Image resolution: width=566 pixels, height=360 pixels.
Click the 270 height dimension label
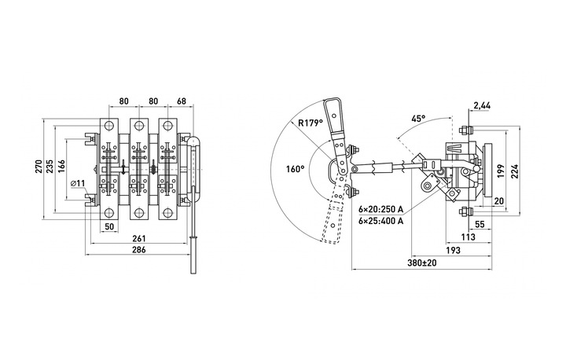click(x=39, y=166)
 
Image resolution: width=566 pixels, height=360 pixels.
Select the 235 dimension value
click(x=50, y=166)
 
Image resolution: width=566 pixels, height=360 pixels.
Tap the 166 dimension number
click(x=61, y=166)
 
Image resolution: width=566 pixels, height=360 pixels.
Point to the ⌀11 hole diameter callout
click(x=78, y=183)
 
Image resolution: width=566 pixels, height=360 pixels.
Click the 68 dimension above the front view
click(x=182, y=101)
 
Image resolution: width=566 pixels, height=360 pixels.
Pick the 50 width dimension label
click(x=109, y=226)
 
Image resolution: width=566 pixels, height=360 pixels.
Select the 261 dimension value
click(x=139, y=238)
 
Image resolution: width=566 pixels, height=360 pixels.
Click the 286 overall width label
click(x=139, y=250)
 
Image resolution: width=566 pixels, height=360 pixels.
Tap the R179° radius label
click(x=310, y=123)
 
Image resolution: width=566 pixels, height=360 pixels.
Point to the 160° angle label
click(x=296, y=169)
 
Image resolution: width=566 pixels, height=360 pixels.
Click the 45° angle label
click(x=418, y=119)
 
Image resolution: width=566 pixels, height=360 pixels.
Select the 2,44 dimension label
click(x=482, y=105)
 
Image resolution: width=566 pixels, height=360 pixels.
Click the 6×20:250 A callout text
click(x=380, y=209)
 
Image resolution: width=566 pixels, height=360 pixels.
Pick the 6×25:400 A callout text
click(x=380, y=221)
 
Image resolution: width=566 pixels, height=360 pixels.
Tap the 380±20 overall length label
click(x=422, y=263)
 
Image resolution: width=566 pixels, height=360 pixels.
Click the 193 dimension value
click(x=453, y=250)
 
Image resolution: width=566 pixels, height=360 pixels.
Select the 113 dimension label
click(x=469, y=237)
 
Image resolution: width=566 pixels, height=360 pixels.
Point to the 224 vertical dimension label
click(x=514, y=171)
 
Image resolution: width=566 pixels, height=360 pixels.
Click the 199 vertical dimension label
click(x=500, y=171)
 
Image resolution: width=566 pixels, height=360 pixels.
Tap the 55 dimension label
click(x=480, y=224)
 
